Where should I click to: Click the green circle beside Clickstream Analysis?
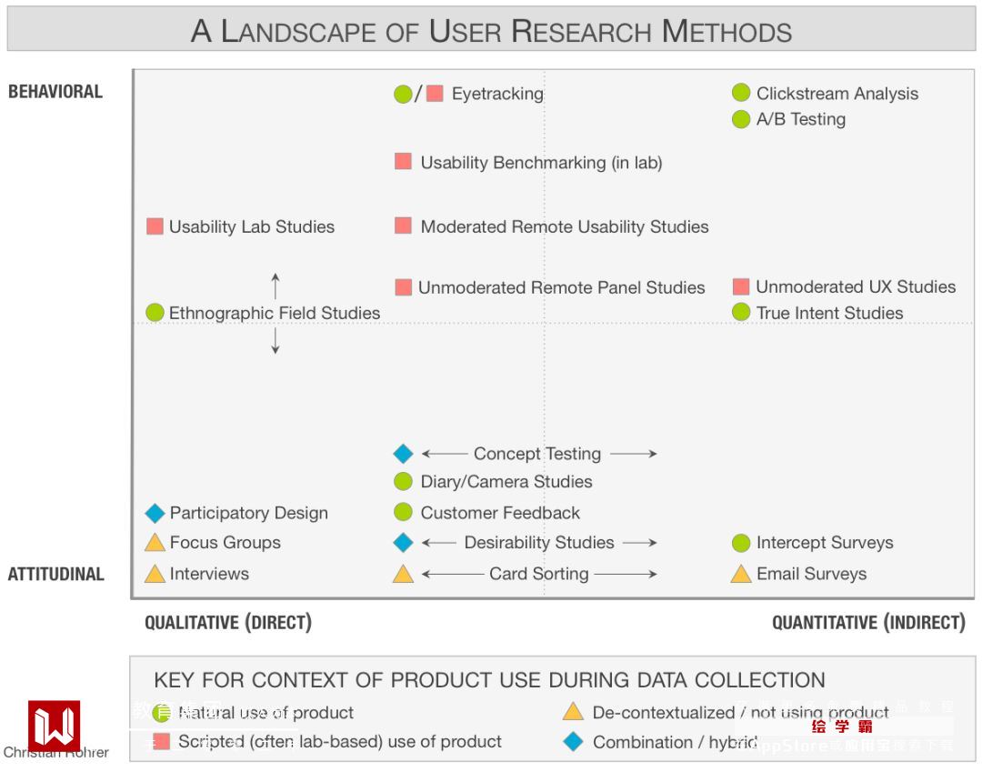click(741, 93)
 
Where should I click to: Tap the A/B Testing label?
click(800, 119)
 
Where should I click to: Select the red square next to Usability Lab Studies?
click(155, 226)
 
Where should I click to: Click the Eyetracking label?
click(497, 94)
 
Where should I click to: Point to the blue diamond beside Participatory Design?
click(155, 514)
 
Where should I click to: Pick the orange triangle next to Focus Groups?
click(155, 543)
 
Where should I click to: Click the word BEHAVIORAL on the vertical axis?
click(55, 91)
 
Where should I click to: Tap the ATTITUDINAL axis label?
click(55, 574)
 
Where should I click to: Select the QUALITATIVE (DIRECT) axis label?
click(228, 623)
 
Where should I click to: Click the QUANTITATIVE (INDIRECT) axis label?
click(868, 623)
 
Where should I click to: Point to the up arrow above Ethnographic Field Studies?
click(276, 286)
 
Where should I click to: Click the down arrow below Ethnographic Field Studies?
click(276, 341)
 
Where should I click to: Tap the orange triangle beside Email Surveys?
click(741, 574)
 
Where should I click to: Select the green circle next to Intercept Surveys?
click(741, 543)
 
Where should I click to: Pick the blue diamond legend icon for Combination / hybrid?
click(573, 742)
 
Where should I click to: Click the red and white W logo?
click(55, 726)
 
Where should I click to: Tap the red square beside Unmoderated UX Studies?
click(741, 287)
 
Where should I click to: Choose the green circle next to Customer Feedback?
click(403, 513)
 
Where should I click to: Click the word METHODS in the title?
click(726, 32)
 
